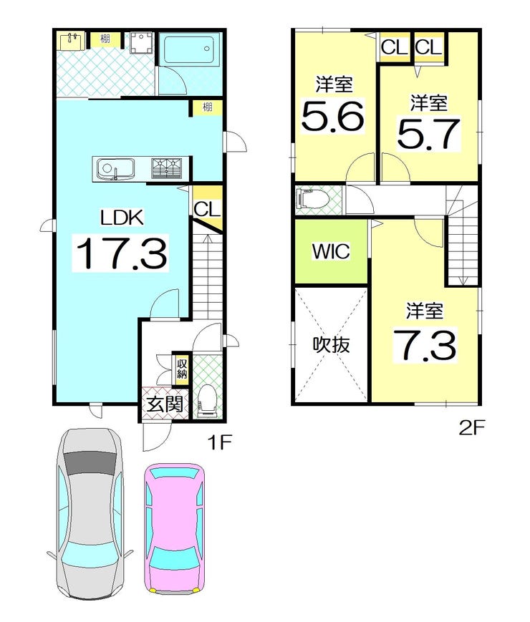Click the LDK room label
(122, 218)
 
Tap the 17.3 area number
(121, 253)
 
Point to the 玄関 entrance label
(165, 404)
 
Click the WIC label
(331, 251)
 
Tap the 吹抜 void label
(332, 345)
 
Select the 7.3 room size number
(425, 345)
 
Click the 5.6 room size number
(333, 116)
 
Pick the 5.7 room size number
(428, 134)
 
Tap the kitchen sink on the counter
(115, 170)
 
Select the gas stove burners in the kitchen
(167, 169)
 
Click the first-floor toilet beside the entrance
(207, 401)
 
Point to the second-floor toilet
(313, 199)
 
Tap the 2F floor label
(472, 427)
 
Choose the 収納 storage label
(182, 369)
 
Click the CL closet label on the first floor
(207, 209)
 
